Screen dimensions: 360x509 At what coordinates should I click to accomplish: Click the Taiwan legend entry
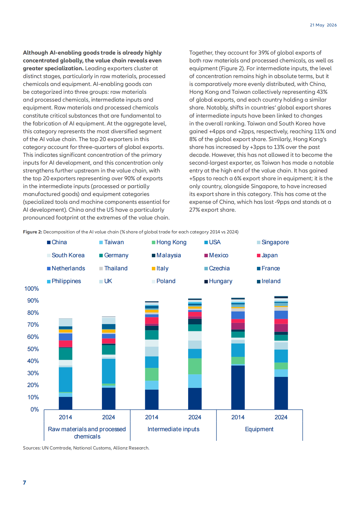click(x=111, y=242)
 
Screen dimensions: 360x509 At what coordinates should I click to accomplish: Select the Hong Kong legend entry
click(x=169, y=242)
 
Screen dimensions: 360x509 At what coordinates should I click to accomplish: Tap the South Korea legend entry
click(x=66, y=255)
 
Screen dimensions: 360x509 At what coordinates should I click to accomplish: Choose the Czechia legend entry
click(x=217, y=268)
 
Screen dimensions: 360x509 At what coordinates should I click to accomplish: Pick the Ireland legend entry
click(x=269, y=281)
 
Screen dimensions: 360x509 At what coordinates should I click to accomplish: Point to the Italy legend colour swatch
click(x=154, y=269)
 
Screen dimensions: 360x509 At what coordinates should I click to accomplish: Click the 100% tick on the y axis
click(x=32, y=289)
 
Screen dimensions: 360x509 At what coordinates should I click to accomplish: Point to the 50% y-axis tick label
click(x=33, y=349)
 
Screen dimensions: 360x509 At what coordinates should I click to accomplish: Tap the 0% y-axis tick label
click(x=35, y=409)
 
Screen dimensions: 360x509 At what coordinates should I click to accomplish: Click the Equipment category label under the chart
click(x=259, y=429)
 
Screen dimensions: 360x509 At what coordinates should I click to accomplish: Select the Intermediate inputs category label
click(x=173, y=429)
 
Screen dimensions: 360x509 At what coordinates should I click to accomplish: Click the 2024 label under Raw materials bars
click(x=109, y=417)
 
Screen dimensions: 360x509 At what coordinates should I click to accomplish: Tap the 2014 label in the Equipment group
click(x=238, y=417)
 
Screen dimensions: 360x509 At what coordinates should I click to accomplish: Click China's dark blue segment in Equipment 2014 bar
click(x=238, y=387)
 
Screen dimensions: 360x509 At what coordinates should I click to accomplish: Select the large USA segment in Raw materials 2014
click(x=66, y=379)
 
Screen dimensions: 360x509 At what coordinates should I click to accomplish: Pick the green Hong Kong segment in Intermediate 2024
click(x=195, y=366)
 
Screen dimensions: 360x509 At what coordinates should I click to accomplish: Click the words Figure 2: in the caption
click(x=33, y=232)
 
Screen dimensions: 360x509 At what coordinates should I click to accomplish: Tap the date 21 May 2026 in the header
click(x=323, y=25)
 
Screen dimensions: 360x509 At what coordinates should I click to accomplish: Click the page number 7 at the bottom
click(x=24, y=483)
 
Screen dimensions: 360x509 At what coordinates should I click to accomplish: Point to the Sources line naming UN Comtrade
click(x=86, y=448)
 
